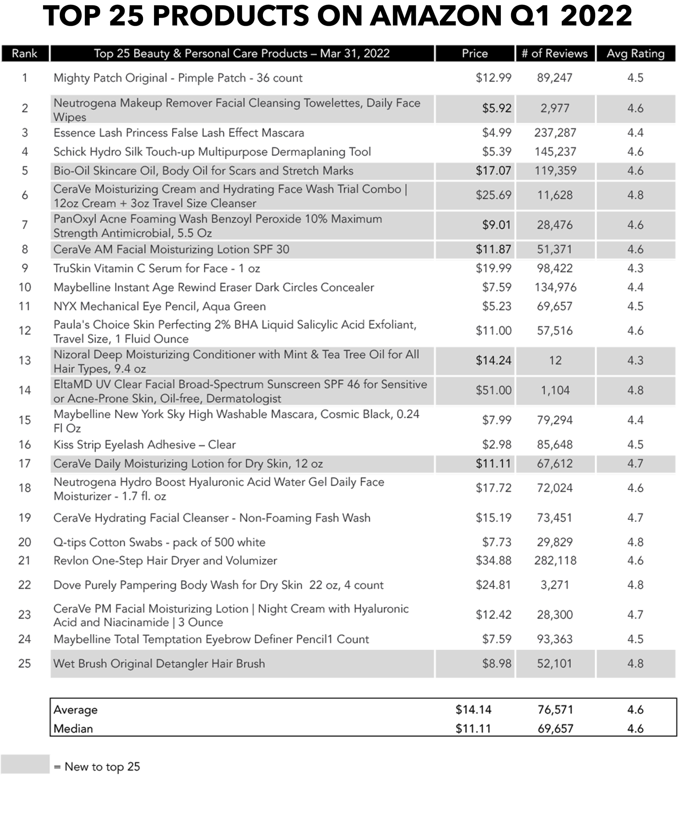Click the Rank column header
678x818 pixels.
click(x=25, y=53)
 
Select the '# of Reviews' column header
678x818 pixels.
click(x=554, y=53)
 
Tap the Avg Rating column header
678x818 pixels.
click(x=635, y=53)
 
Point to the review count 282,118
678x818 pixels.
click(x=555, y=561)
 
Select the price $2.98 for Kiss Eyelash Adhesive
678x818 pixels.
click(x=496, y=444)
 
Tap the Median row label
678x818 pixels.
click(x=73, y=729)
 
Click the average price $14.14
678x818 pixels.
click(x=474, y=710)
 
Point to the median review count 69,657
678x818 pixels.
click(x=555, y=729)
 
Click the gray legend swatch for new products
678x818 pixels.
click(x=25, y=764)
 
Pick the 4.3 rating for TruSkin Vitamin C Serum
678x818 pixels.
click(x=635, y=268)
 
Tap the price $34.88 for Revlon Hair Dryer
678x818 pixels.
click(x=493, y=561)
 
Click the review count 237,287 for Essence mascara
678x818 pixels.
click(x=555, y=133)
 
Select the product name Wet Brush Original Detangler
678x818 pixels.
click(x=159, y=663)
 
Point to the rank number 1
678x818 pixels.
click(x=25, y=78)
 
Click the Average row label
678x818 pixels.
click(x=76, y=710)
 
